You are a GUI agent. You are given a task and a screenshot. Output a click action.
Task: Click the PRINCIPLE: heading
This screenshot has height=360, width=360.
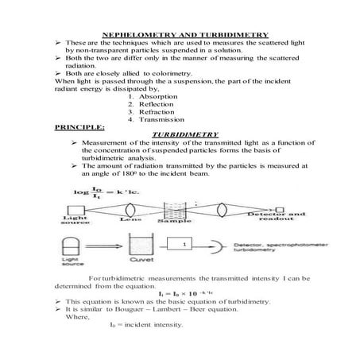77,126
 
